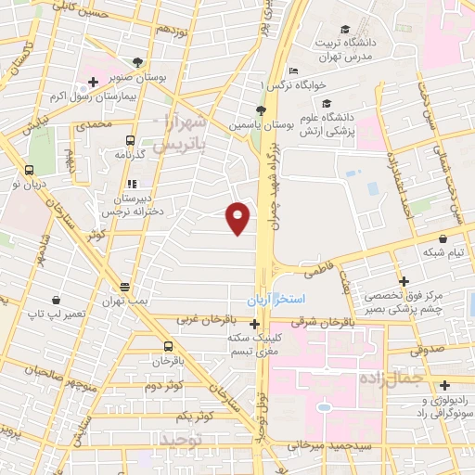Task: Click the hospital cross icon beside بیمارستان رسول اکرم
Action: click(94, 83)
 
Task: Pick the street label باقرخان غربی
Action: click(206, 320)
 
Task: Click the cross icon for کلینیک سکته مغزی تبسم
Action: click(255, 323)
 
